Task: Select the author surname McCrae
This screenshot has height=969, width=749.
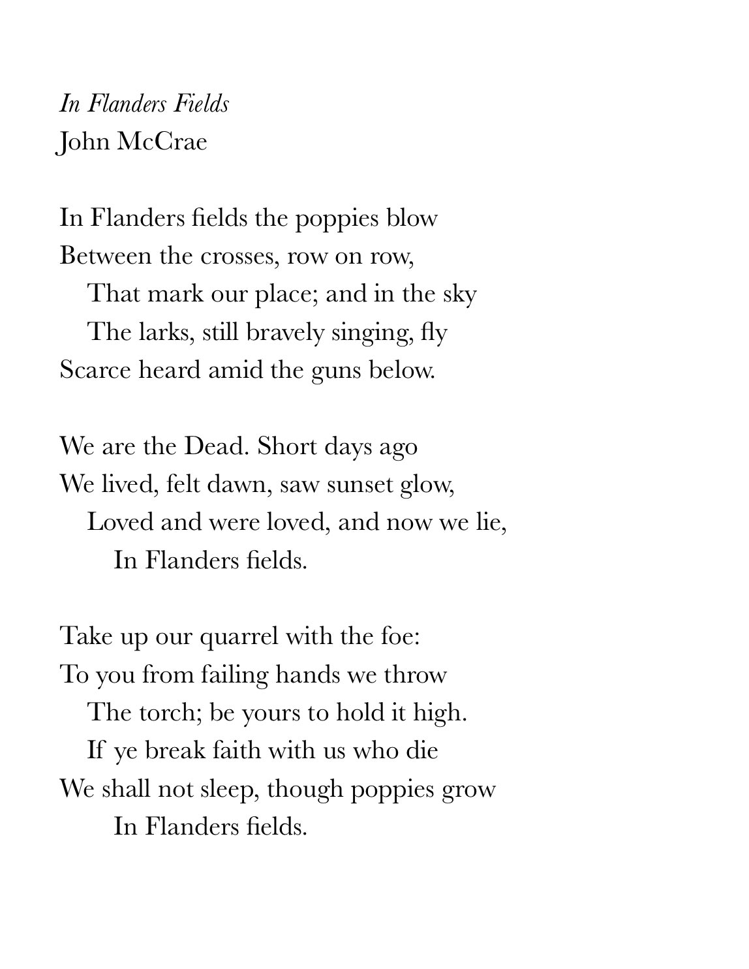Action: [x=162, y=142]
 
